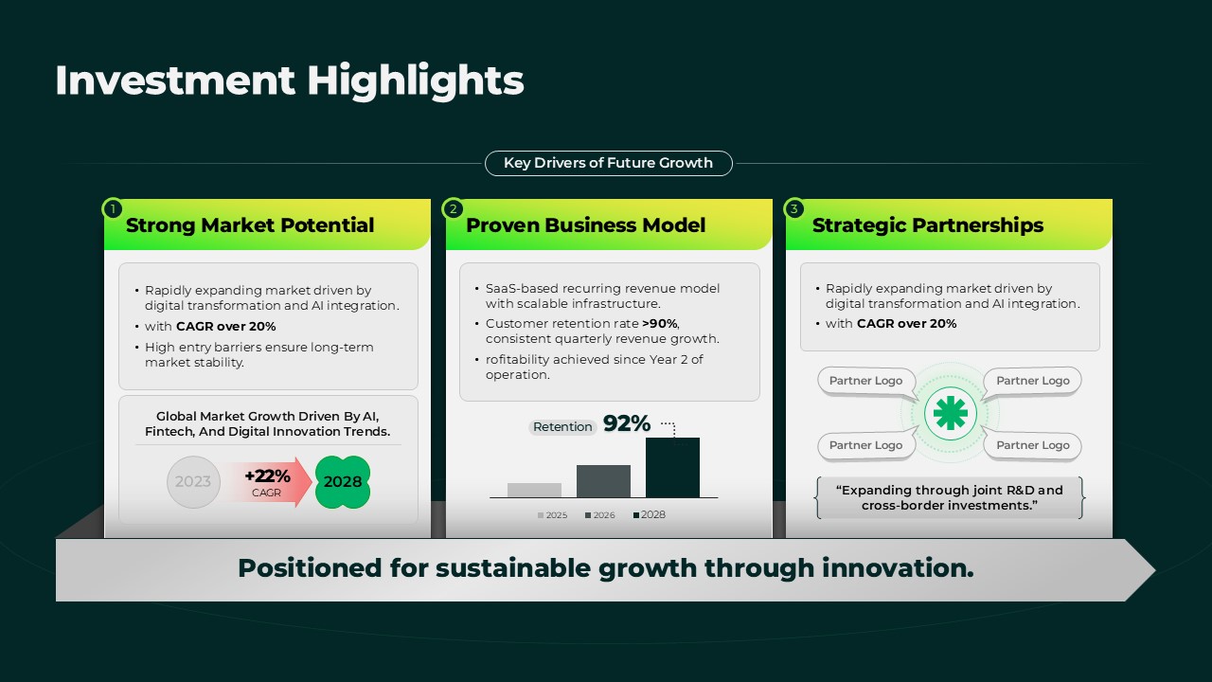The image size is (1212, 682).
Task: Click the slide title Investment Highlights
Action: [290, 81]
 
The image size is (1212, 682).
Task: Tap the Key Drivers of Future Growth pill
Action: [609, 163]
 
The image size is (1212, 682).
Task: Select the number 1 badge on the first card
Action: [113, 208]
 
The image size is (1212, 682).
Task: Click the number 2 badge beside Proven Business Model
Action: [453, 208]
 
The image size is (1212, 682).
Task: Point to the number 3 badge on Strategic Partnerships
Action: [793, 208]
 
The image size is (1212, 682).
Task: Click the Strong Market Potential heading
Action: [250, 225]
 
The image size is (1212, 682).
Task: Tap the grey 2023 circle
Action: [193, 482]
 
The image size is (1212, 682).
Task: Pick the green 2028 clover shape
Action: [343, 482]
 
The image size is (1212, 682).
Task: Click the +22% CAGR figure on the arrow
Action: [267, 482]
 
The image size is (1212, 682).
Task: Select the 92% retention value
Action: [627, 423]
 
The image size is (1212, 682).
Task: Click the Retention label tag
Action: [562, 427]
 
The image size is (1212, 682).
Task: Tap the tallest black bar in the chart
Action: [672, 468]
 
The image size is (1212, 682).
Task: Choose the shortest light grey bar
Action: [534, 491]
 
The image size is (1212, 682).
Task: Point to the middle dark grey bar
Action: [603, 481]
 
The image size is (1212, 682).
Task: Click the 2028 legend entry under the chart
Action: [650, 514]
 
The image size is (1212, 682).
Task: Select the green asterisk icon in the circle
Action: [950, 414]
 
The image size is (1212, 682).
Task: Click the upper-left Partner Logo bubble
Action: [865, 381]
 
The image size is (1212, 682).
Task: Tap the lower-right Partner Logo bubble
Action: [1032, 445]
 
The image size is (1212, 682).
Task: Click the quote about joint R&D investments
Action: [950, 498]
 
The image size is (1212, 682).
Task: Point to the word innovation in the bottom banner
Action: [898, 568]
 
